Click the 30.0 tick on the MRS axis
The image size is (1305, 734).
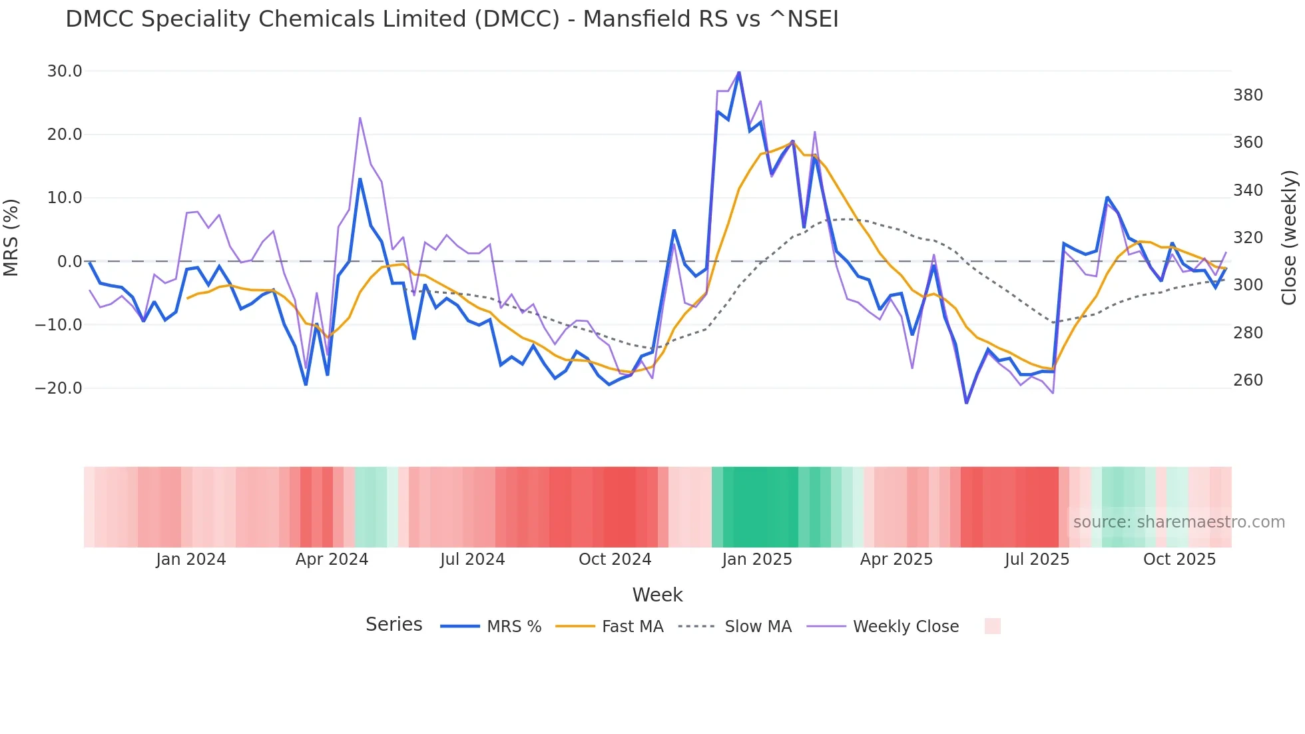click(65, 71)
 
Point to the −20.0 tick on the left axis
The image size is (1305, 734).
click(59, 388)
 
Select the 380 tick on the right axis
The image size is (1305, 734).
click(1248, 95)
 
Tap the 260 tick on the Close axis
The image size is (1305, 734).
click(1248, 380)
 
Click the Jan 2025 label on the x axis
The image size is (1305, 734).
click(757, 559)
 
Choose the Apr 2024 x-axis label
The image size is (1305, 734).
click(332, 559)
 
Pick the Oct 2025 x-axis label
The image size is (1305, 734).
click(1179, 559)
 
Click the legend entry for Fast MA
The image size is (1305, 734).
click(632, 627)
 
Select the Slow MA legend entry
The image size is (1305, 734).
click(758, 627)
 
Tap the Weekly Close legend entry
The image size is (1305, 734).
click(906, 627)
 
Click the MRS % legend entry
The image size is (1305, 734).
click(513, 627)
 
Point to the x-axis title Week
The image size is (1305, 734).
click(657, 595)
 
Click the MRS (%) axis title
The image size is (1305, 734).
click(11, 237)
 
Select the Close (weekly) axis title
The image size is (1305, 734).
click(1289, 237)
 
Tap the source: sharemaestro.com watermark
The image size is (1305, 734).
click(1178, 522)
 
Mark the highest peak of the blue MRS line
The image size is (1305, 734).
click(739, 72)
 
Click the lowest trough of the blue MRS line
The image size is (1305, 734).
click(966, 402)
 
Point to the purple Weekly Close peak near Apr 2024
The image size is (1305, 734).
click(360, 118)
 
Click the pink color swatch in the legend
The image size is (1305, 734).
click(992, 627)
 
